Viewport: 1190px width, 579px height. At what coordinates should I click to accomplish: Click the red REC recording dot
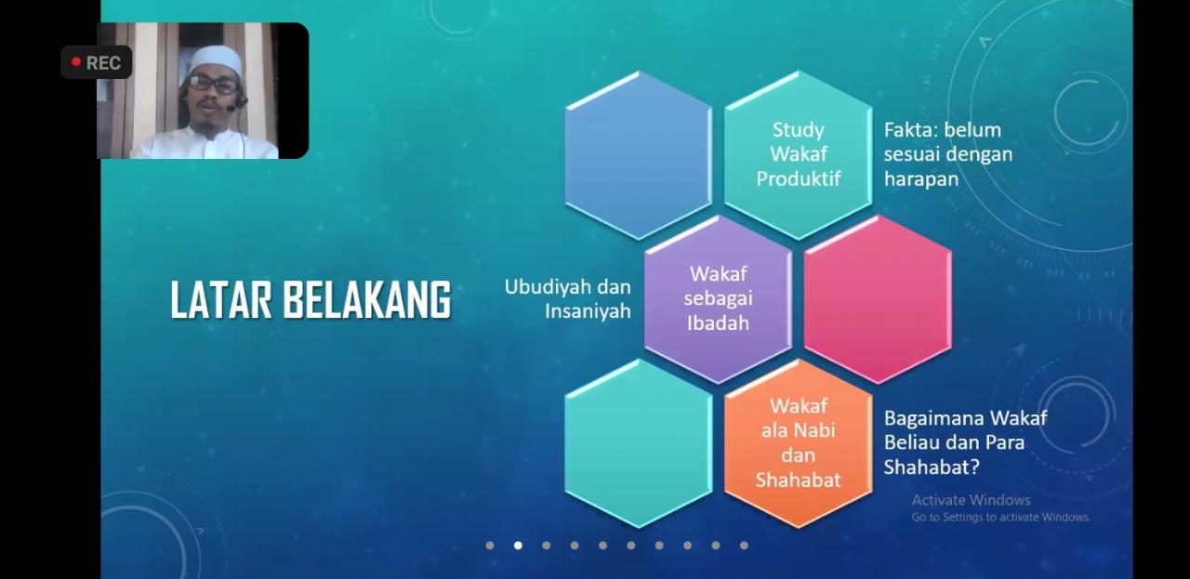(x=76, y=62)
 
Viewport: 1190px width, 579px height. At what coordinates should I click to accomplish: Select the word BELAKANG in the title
(x=366, y=300)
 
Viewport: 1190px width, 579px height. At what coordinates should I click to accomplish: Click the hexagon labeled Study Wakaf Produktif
(x=798, y=154)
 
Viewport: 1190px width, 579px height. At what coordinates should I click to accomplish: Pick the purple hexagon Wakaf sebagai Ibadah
(x=719, y=299)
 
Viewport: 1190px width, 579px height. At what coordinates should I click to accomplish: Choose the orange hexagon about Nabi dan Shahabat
(x=798, y=443)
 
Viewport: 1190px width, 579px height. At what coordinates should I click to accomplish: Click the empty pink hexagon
(x=878, y=299)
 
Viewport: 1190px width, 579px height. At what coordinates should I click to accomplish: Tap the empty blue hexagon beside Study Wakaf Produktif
(x=639, y=154)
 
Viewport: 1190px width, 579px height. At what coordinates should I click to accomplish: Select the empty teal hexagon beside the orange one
(x=639, y=443)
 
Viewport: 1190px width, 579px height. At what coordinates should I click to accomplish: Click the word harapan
(x=921, y=179)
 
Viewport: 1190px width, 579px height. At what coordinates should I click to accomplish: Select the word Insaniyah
(x=588, y=311)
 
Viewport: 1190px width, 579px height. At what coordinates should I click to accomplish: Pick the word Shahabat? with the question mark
(x=932, y=467)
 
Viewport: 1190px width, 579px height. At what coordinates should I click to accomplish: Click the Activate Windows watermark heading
(x=972, y=500)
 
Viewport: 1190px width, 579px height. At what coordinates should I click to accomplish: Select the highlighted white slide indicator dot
(x=518, y=546)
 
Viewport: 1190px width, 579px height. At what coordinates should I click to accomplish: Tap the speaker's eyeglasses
(x=213, y=85)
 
